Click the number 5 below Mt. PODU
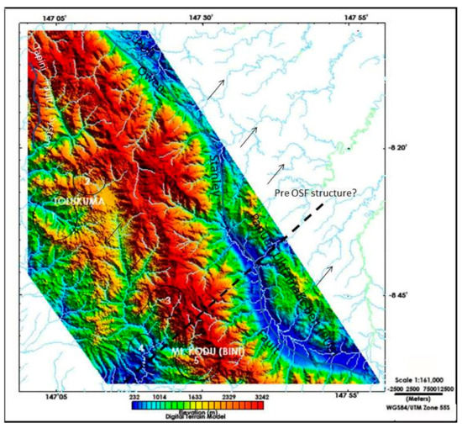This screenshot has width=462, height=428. pos(197,361)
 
